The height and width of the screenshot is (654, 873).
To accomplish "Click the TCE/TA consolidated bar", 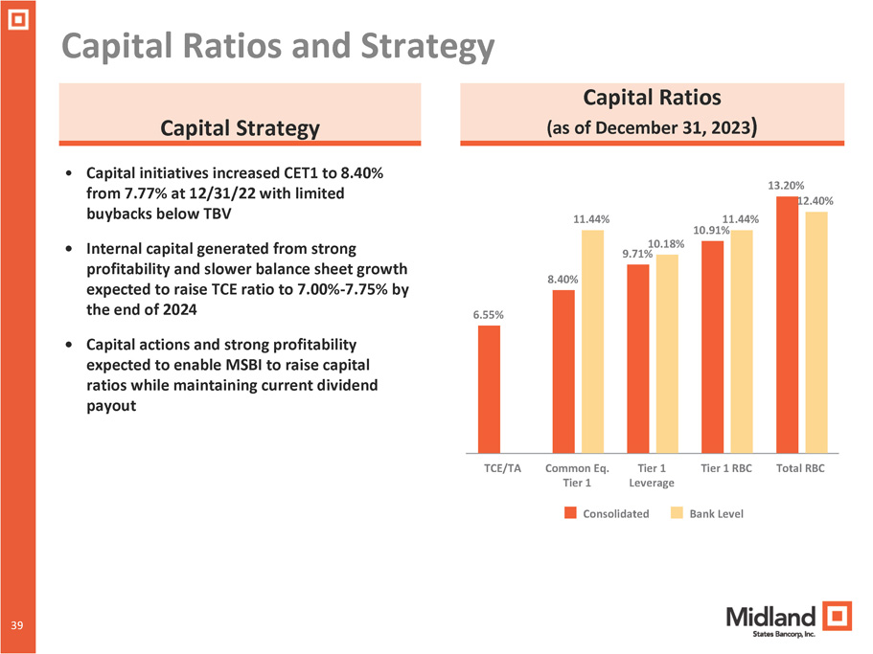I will click(x=489, y=389).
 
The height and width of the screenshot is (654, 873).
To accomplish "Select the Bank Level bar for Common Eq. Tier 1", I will click(x=592, y=341).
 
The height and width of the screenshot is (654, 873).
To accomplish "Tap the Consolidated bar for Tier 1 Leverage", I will click(x=638, y=358).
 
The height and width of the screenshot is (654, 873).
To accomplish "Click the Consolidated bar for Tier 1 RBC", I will click(x=713, y=347).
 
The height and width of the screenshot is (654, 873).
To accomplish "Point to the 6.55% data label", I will click(x=489, y=314).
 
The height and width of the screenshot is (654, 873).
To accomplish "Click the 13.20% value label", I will click(x=786, y=185).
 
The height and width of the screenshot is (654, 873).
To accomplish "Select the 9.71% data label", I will click(x=637, y=254).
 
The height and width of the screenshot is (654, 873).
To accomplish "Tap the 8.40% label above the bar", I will click(x=563, y=279).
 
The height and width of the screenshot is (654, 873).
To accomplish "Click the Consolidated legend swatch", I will click(x=570, y=513).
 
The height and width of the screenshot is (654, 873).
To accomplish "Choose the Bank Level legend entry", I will click(x=709, y=513).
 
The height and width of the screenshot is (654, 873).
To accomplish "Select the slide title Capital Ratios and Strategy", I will click(x=278, y=46).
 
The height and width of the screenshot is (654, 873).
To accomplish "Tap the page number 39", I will click(x=17, y=625).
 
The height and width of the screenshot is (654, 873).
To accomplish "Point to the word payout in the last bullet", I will click(x=110, y=405).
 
